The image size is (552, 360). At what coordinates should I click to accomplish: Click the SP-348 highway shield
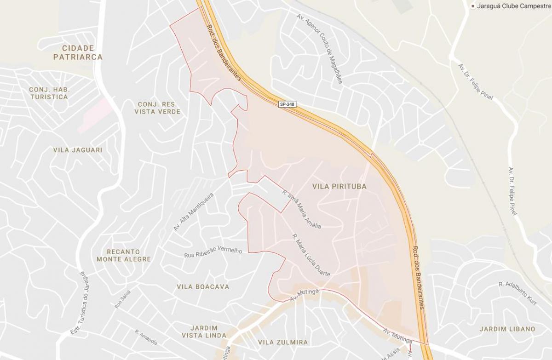pos(287,104)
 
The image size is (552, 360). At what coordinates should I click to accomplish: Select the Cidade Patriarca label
pos(78,52)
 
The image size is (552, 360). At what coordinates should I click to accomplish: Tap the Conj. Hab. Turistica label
pos(48,93)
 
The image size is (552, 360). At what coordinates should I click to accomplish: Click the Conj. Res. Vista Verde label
pos(158,108)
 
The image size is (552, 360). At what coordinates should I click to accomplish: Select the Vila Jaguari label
pos(78,150)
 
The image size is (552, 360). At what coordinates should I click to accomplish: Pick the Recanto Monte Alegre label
pos(124,255)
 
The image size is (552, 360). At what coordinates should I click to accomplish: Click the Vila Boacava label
pos(203,286)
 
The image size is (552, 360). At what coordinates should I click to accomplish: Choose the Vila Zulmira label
pos(282,342)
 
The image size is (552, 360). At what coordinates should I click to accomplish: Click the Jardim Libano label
pos(507,329)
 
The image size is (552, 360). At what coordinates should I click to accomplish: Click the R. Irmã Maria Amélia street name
pos(301,209)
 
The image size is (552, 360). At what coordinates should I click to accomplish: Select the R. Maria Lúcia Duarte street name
pos(311,255)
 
